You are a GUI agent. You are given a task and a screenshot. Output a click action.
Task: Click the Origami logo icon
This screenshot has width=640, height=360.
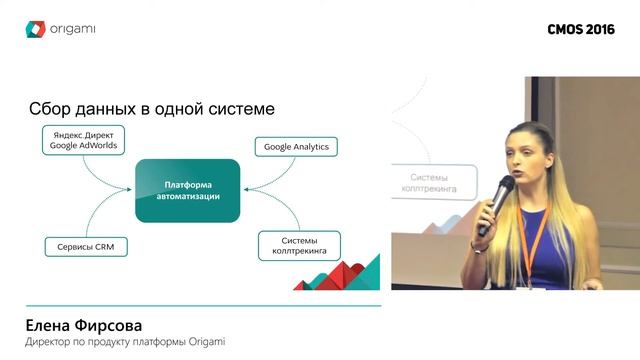pos(36,29)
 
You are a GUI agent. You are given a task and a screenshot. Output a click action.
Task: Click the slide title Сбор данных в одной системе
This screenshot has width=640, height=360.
pos(152,107)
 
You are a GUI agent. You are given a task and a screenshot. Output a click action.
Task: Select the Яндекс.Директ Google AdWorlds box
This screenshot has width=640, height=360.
pos(83,139)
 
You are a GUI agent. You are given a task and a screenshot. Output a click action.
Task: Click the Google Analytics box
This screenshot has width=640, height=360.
pos(296,147)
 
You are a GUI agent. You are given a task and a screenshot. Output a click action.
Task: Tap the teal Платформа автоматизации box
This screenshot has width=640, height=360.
pos(188,190)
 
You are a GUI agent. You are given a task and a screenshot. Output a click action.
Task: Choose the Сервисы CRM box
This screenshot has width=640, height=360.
pos(84,245)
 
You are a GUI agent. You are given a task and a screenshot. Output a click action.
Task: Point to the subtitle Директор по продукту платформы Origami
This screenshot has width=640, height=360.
pos(125,343)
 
